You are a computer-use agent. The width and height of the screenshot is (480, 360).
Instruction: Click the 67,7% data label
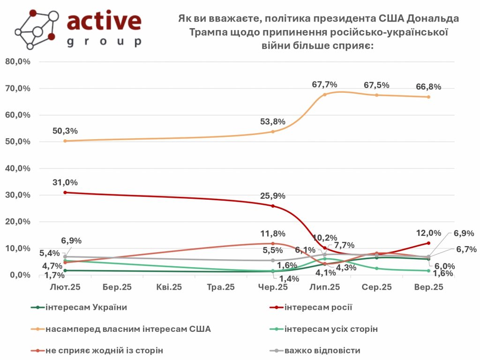coord(325,84)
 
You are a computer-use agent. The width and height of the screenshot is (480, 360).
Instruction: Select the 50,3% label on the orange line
coord(65,131)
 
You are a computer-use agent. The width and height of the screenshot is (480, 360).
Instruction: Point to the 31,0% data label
coord(65,182)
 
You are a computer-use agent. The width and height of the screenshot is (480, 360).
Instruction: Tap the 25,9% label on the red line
coord(272,195)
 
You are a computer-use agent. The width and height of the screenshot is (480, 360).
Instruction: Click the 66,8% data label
coord(428,87)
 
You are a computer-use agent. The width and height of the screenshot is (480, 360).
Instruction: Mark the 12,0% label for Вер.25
coord(428,233)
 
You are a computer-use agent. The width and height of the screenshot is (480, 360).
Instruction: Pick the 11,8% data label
coord(272,233)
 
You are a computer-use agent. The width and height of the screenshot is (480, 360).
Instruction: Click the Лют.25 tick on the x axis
coord(65,287)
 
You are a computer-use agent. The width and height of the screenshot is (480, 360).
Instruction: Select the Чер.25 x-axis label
coord(272,287)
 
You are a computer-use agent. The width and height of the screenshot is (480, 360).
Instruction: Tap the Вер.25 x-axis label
coord(428,287)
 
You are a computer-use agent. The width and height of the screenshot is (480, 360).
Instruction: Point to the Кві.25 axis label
coord(169,287)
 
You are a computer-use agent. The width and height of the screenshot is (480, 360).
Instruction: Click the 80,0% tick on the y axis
coord(18,62)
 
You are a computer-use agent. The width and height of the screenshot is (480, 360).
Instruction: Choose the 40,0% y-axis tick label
coord(18,168)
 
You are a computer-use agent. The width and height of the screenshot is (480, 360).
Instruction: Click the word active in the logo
coord(104,21)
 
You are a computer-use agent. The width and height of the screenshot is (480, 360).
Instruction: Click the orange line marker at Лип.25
coord(324,95)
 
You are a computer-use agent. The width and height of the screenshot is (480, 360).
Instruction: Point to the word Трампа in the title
coord(209,32)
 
